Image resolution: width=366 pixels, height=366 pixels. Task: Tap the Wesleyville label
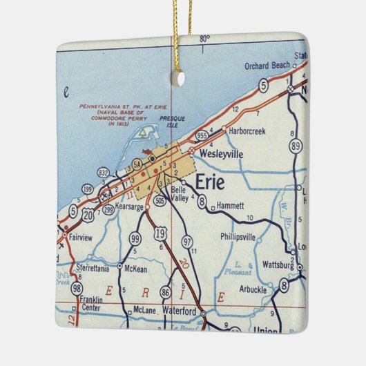coord(221,155)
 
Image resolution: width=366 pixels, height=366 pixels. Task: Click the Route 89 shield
coord(296,146)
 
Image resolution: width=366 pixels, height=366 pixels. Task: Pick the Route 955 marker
coord(202,136)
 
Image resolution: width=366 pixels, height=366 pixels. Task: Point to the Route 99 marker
coord(135,238)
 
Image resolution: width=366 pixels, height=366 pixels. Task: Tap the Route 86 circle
coord(165,293)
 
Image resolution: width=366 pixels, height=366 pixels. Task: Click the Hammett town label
coord(230,206)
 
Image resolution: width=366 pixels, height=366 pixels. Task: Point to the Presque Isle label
coord(172,122)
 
